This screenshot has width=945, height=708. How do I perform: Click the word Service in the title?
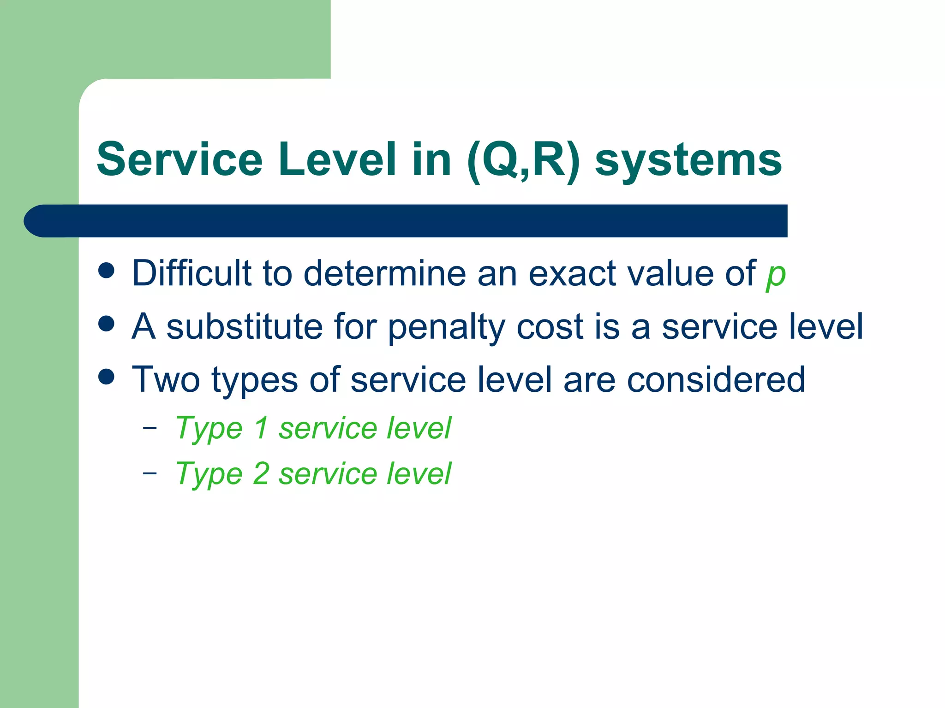[179, 159]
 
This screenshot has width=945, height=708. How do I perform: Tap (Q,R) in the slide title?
[523, 160]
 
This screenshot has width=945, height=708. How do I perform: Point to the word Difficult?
[191, 273]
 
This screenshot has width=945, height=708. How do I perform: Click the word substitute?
[244, 326]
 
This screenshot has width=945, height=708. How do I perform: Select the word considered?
[716, 379]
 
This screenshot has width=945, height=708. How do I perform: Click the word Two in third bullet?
[166, 379]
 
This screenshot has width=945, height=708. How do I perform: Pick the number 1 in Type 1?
[261, 428]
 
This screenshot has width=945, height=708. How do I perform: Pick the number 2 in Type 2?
[261, 473]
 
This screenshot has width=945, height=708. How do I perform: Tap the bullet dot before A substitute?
[107, 324]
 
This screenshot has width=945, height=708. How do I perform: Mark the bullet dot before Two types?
[107, 377]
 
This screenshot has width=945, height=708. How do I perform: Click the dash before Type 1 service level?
[150, 428]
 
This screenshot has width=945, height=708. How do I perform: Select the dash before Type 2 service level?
[150, 473]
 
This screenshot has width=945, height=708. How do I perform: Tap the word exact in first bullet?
[571, 273]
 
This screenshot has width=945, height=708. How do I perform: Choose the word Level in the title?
[337, 159]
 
